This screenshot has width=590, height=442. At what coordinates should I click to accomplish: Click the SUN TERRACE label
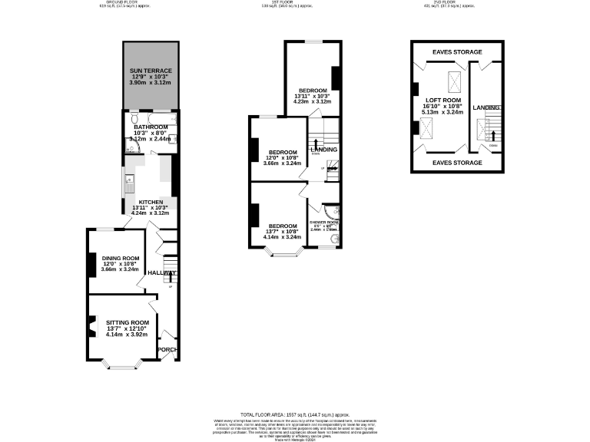pyautogui.click(x=151, y=71)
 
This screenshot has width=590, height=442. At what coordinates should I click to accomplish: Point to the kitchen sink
pyautogui.click(x=129, y=184)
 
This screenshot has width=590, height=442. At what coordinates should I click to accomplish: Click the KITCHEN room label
pyautogui.click(x=151, y=203)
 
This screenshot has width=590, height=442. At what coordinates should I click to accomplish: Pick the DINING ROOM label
pyautogui.click(x=119, y=258)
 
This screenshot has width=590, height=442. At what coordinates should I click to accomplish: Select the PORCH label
pyautogui.click(x=167, y=350)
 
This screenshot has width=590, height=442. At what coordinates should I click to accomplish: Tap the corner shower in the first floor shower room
pyautogui.click(x=331, y=210)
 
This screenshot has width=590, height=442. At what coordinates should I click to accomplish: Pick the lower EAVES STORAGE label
pyautogui.click(x=456, y=163)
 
